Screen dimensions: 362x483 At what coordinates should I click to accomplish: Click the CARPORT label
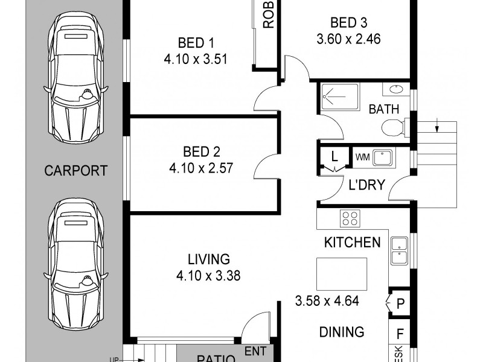coord(76,170)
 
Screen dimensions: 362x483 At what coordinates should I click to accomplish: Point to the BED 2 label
coord(196,151)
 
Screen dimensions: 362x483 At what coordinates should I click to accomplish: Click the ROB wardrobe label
coord(269,15)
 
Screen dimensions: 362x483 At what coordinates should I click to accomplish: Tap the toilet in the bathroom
coord(393,127)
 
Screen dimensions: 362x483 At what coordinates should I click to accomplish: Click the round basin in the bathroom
coord(396,90)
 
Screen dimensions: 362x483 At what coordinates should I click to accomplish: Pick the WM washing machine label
coord(362,157)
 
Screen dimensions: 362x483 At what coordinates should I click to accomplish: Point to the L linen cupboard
coord(333,157)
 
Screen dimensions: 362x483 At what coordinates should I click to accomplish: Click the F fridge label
coord(400,332)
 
